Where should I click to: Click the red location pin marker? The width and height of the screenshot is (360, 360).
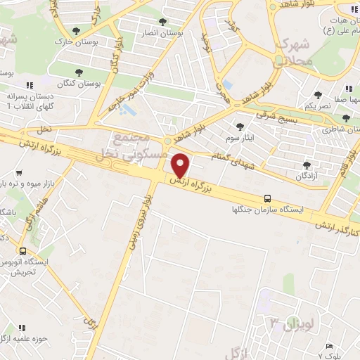pyautogui.click(x=181, y=165)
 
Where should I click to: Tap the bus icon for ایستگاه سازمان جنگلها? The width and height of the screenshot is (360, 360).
pyautogui.click(x=266, y=199)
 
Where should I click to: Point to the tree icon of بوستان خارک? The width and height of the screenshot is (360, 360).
pyautogui.click(x=76, y=30)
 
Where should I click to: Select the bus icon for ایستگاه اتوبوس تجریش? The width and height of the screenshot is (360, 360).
pyautogui.click(x=23, y=251)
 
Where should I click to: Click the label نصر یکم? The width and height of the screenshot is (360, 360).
pyautogui.click(x=317, y=105)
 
